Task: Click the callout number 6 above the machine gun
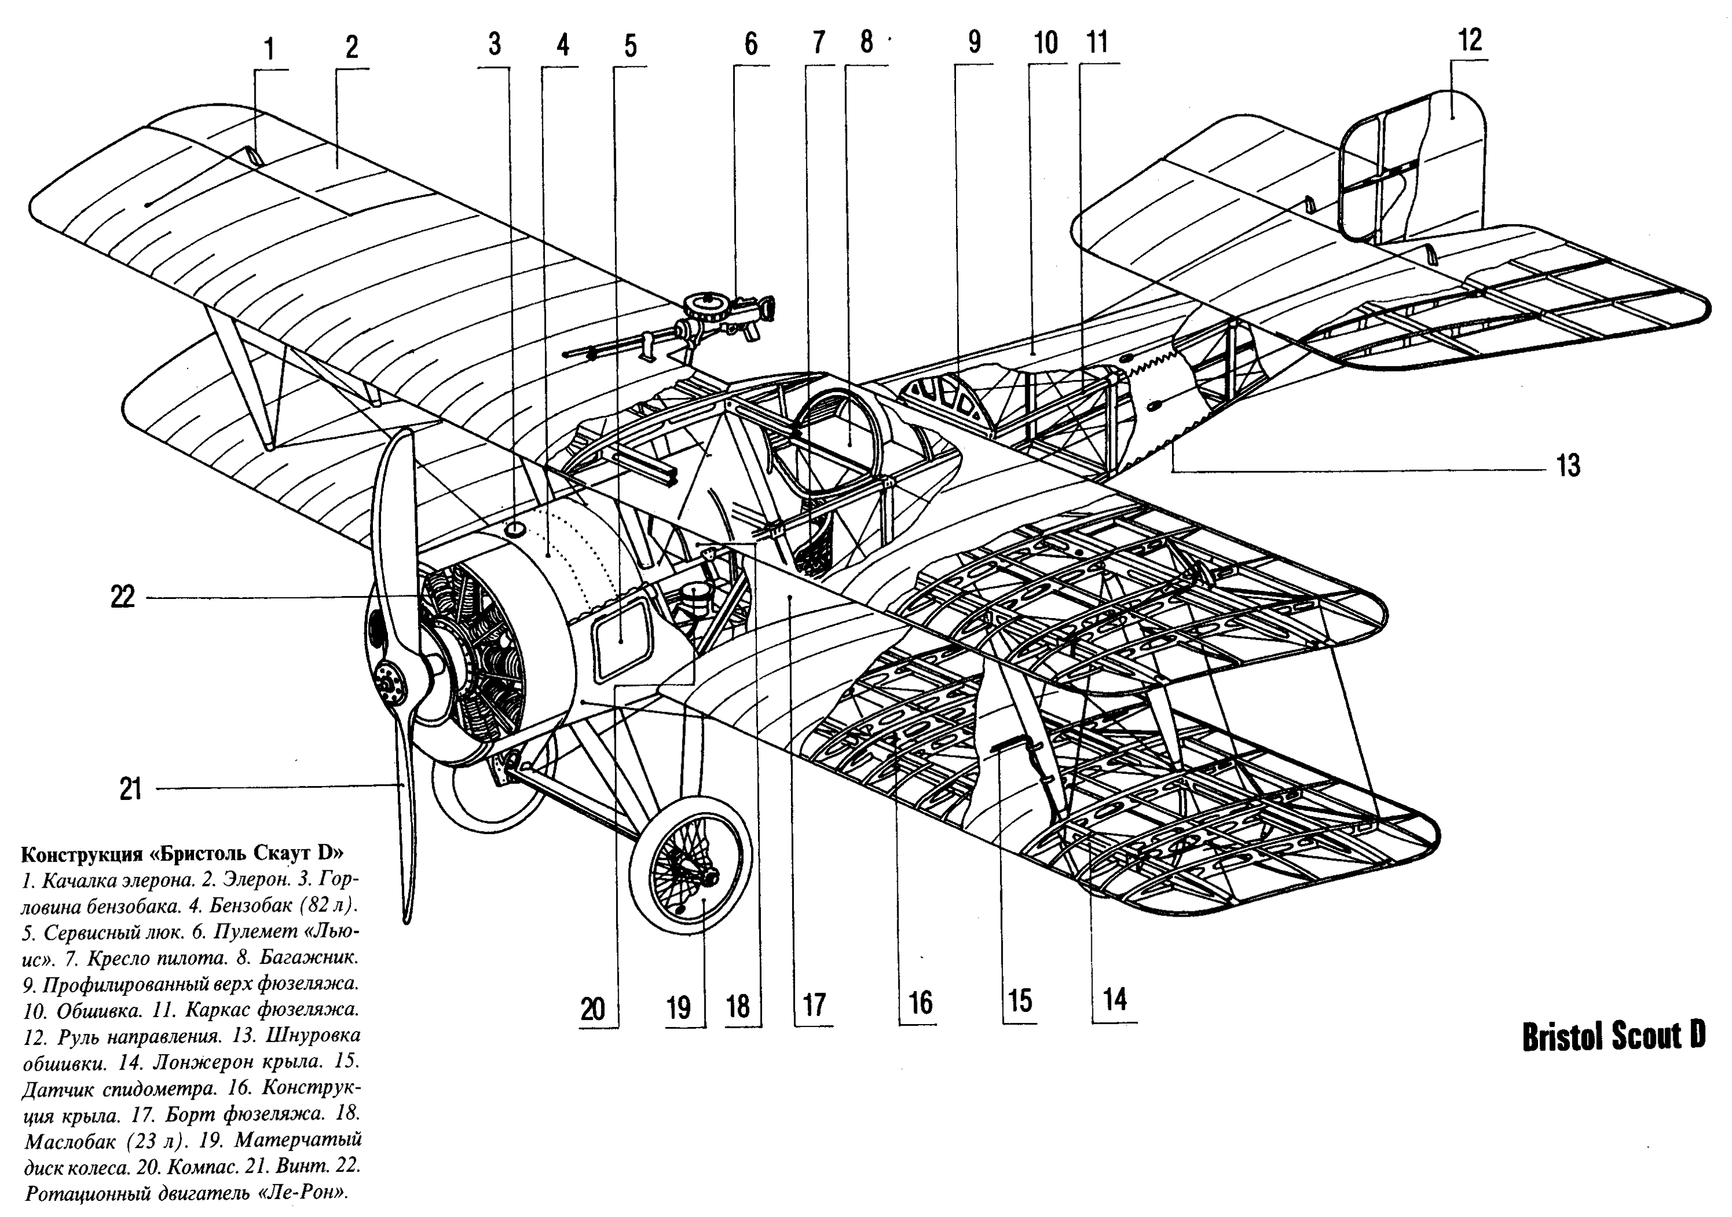(750, 44)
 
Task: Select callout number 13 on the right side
(1568, 466)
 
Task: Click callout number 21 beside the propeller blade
(130, 789)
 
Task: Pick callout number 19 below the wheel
(678, 1007)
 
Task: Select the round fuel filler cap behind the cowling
(514, 527)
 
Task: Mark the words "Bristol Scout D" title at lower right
(1613, 1037)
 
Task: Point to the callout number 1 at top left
(269, 50)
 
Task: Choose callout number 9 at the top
(974, 43)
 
